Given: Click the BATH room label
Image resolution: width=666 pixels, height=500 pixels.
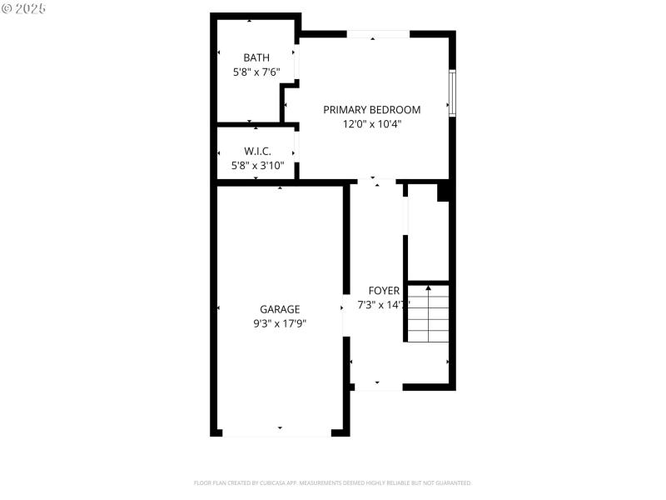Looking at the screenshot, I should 256,57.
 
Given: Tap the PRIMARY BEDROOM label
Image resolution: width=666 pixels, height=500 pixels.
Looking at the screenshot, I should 371,109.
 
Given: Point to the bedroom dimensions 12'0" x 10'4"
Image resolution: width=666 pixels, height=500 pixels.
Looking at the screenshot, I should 371,124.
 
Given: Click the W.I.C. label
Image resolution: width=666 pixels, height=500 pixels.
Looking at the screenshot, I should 257,151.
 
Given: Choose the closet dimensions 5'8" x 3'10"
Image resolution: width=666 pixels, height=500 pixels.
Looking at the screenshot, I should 257,165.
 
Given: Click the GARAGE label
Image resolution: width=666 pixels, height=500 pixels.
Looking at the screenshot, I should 280,309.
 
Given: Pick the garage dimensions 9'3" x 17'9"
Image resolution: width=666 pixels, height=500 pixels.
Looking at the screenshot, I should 280,323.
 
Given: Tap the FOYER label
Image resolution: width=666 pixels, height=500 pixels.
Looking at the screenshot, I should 384,291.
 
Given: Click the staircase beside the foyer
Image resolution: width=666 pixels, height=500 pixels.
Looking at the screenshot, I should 429,314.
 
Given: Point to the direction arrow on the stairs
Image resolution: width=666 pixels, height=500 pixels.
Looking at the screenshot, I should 429,288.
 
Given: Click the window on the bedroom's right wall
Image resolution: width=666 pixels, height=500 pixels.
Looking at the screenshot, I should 452,92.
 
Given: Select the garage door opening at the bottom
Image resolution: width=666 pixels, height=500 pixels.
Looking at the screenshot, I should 277,432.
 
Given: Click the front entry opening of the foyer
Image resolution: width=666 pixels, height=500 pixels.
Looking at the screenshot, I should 379,387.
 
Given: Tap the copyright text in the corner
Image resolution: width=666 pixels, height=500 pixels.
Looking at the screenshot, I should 24,7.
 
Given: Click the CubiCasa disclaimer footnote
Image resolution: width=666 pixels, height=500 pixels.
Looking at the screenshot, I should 333,482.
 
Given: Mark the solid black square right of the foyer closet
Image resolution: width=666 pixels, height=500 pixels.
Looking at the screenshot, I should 445,192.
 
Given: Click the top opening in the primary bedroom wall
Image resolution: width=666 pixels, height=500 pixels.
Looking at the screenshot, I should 379,34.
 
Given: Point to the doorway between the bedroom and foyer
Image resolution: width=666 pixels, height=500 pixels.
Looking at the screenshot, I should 375,182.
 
